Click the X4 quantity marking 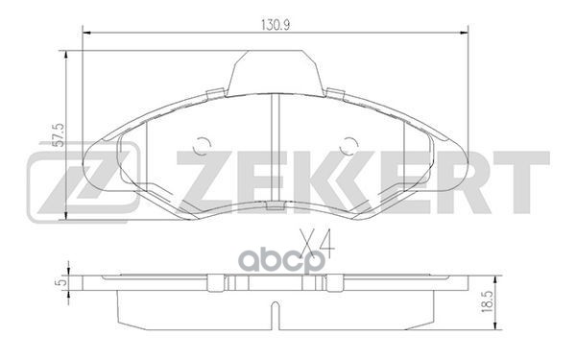318,233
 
